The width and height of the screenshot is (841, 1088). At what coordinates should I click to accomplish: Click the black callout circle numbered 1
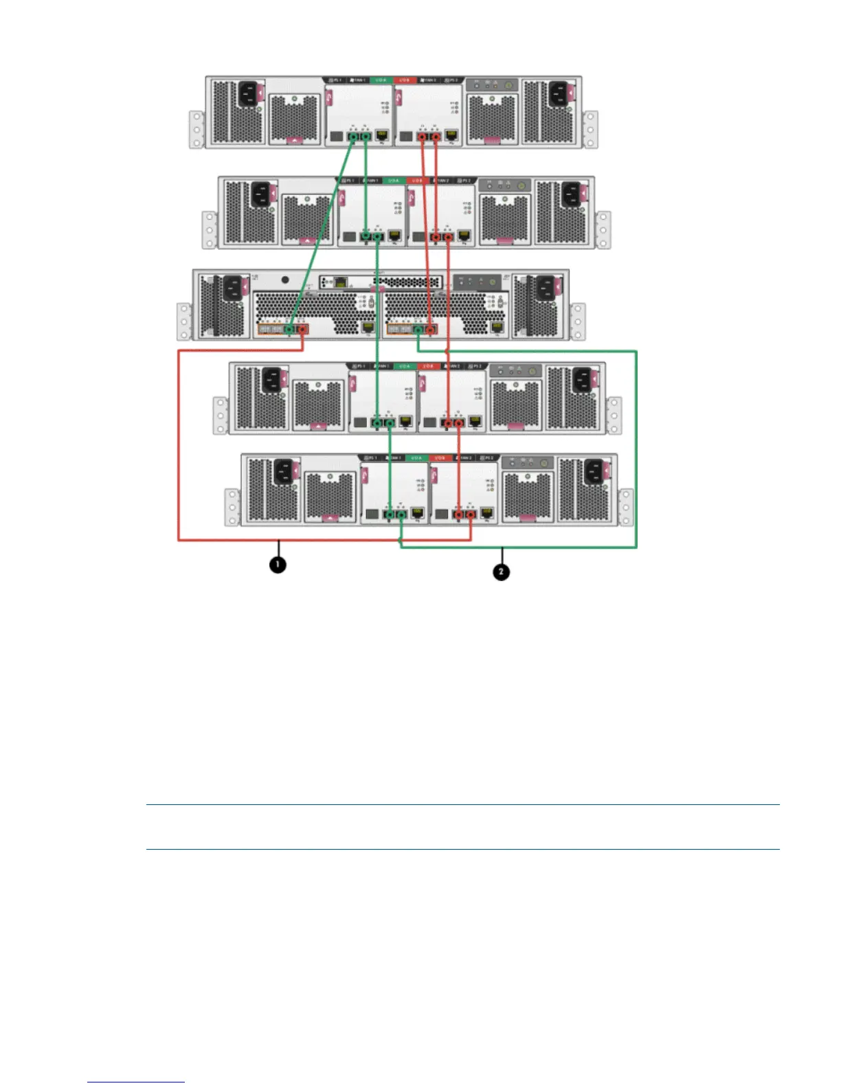tap(278, 565)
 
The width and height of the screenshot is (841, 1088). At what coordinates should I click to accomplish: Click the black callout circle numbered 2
tap(502, 571)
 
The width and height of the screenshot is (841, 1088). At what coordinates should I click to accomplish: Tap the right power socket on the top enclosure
tap(558, 94)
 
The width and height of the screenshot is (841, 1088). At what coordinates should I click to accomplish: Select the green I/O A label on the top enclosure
tap(380, 80)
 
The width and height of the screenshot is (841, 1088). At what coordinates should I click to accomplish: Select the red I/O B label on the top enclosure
tap(405, 80)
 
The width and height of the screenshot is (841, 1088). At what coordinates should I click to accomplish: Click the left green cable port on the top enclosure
tap(353, 137)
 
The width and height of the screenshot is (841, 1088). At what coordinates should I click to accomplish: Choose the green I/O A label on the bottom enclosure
tap(416, 457)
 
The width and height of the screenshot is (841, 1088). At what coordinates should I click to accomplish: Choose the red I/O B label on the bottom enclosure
tap(440, 457)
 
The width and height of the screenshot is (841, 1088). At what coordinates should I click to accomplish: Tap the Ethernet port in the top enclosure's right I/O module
tap(451, 135)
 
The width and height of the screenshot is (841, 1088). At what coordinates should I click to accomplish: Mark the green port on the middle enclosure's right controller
tap(418, 330)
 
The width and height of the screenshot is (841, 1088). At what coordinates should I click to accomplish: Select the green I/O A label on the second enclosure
tap(393, 180)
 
